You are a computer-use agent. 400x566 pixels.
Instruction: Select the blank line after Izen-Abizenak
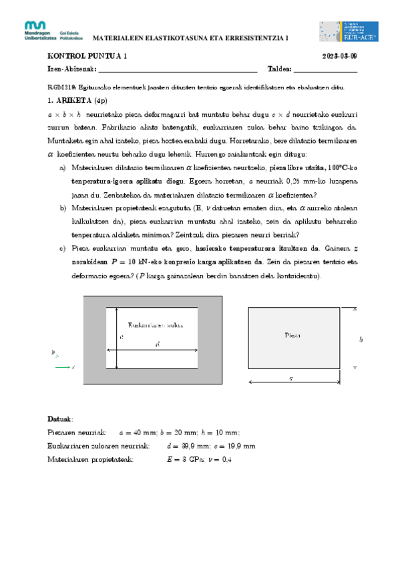[x=178, y=69]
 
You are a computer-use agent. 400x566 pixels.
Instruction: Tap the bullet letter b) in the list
[x=63, y=208]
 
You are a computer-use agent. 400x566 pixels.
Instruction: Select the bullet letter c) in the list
[x=63, y=248]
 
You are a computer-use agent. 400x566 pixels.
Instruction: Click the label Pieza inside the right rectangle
[x=292, y=335]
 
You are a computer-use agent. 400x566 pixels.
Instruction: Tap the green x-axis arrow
[x=63, y=367]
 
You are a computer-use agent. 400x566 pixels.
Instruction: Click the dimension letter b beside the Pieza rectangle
[x=361, y=340]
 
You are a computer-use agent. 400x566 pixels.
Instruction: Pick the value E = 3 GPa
[x=186, y=459]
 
